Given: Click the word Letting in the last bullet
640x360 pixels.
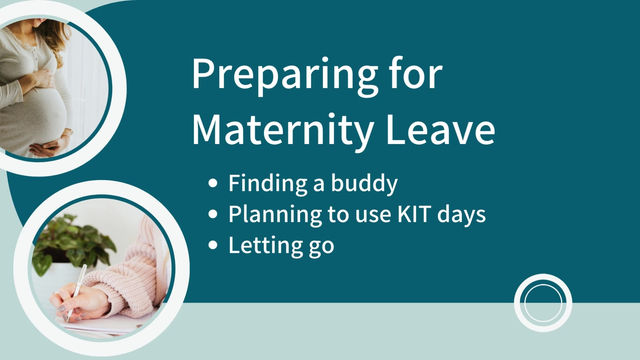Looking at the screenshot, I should [262, 244].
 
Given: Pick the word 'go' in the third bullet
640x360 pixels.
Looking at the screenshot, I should [317, 246].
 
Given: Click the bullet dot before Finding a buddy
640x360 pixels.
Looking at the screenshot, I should [213, 185].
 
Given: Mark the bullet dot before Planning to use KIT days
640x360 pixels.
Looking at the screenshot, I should [213, 215].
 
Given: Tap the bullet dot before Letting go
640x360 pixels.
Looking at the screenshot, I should [213, 244].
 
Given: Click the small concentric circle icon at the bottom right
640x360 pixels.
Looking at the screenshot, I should [542, 302].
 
